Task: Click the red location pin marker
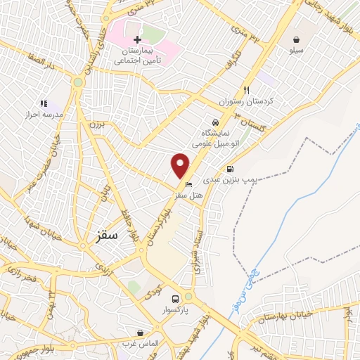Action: [x=181, y=165]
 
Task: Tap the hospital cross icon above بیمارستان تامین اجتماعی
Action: [x=137, y=39]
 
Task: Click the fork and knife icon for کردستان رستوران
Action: [x=246, y=90]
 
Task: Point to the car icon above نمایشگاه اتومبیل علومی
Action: [x=215, y=121]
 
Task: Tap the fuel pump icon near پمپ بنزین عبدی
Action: [x=230, y=169]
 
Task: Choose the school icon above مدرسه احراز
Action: [x=44, y=103]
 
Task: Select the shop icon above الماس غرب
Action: [x=141, y=331]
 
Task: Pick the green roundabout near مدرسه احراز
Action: [x=77, y=83]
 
